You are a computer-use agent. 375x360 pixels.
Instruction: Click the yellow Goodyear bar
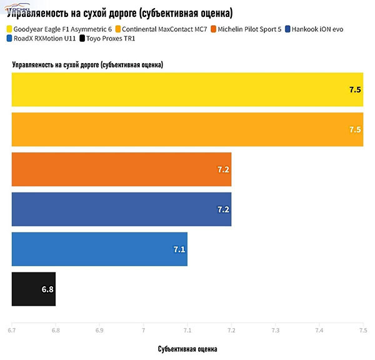(x=187, y=89)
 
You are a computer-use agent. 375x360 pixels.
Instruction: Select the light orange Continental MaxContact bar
(x=187, y=129)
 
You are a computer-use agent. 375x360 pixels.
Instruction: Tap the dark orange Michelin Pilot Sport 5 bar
(x=122, y=169)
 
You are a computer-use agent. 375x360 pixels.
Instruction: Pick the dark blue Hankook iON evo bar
(x=122, y=209)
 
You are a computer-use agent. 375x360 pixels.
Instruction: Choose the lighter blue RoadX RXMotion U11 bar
(x=100, y=249)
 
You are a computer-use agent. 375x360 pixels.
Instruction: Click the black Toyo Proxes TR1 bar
(x=34, y=289)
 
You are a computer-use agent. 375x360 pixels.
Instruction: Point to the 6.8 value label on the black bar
(x=47, y=289)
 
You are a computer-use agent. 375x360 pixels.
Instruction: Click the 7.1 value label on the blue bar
(x=179, y=249)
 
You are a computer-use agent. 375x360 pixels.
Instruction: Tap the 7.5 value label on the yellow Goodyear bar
(x=355, y=89)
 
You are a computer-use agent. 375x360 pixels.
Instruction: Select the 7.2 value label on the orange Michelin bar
(x=224, y=169)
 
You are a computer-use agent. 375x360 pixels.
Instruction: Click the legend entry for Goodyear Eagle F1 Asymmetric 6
(x=59, y=29)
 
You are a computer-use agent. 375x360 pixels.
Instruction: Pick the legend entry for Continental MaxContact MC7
(x=162, y=29)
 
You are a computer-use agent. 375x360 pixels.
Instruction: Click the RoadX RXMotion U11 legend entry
(x=43, y=39)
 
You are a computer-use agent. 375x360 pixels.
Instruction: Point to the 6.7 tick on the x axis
(x=11, y=330)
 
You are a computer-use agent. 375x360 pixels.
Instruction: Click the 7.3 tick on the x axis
(x=275, y=330)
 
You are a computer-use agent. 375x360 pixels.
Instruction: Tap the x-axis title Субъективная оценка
(x=187, y=348)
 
